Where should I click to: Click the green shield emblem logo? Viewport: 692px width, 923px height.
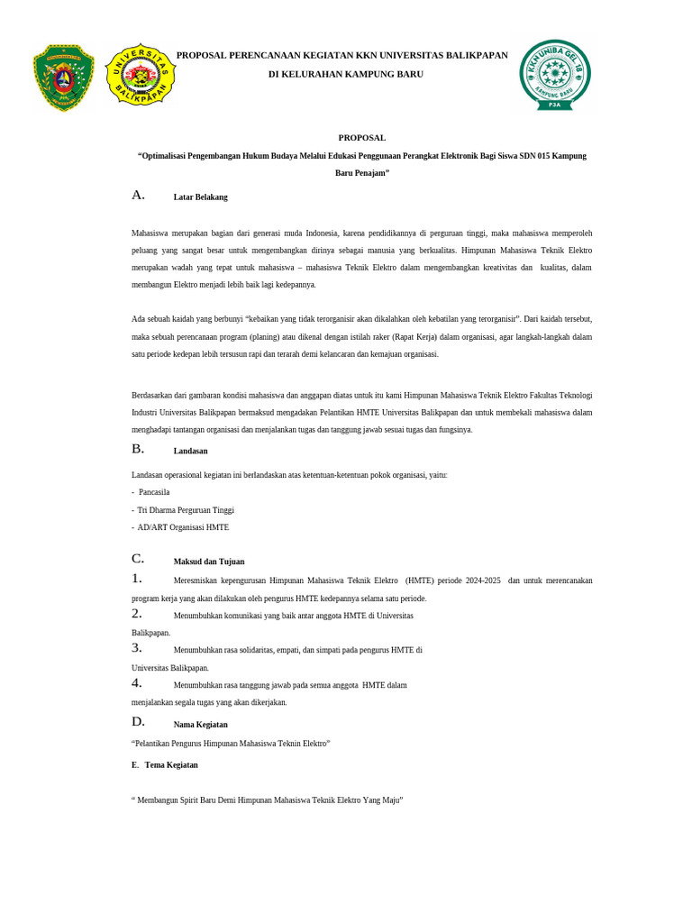click(63, 78)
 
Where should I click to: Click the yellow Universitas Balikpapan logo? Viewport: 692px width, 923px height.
click(141, 74)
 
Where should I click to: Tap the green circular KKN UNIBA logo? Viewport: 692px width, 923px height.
click(555, 75)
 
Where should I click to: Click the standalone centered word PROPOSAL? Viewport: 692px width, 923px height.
click(361, 138)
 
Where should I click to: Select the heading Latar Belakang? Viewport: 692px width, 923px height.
click(200, 196)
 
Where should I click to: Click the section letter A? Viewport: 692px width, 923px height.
click(138, 195)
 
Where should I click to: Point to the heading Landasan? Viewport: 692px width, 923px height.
click(190, 451)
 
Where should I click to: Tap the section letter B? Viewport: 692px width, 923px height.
click(138, 449)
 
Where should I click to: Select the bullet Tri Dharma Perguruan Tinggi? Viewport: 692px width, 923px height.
click(186, 510)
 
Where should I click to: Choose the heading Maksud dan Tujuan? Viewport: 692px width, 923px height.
click(208, 562)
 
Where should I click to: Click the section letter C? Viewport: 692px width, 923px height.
click(138, 559)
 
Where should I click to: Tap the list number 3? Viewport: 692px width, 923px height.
click(136, 648)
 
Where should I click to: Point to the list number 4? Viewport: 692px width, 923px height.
click(136, 683)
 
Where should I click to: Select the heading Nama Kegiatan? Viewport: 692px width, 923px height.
click(200, 725)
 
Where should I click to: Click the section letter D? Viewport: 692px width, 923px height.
click(138, 721)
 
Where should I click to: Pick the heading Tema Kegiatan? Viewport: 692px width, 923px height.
click(170, 765)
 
